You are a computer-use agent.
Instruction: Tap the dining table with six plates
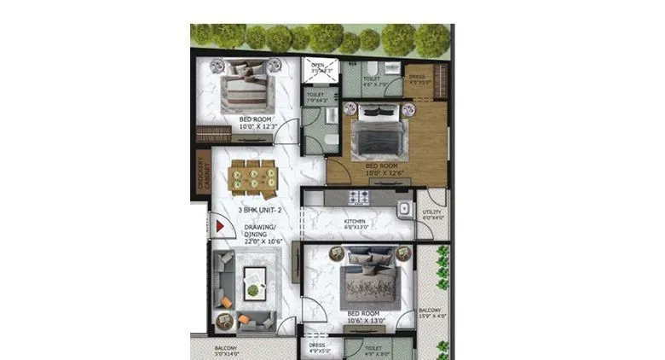pyautogui.click(x=252, y=177)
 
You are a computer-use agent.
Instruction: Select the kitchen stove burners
pyautogui.click(x=359, y=197)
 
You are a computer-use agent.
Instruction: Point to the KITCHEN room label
pyautogui.click(x=355, y=224)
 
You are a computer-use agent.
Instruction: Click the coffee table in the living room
pyautogui.click(x=254, y=282)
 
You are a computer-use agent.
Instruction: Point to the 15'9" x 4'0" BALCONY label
pyautogui.click(x=430, y=315)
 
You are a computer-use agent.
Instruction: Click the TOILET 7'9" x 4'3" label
pyautogui.click(x=315, y=97)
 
